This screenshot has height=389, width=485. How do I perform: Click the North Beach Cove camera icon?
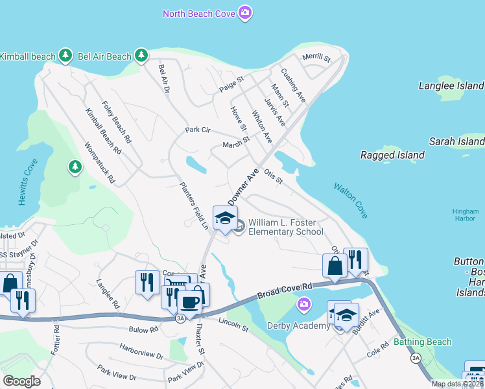point(244,13)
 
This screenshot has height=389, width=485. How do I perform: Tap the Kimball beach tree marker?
point(65,56)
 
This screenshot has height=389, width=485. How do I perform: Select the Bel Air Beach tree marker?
point(141,56)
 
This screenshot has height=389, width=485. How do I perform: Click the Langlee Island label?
point(451,86)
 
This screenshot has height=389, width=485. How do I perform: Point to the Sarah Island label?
point(456,141)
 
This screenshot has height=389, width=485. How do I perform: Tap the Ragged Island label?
point(392,155)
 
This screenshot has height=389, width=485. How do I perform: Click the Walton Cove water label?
point(351,200)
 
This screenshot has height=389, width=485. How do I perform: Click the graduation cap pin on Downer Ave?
point(225,218)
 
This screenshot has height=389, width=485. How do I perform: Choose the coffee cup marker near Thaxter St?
point(190,301)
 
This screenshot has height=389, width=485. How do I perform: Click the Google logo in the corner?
point(22,381)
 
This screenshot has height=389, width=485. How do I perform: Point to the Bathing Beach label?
point(422,342)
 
